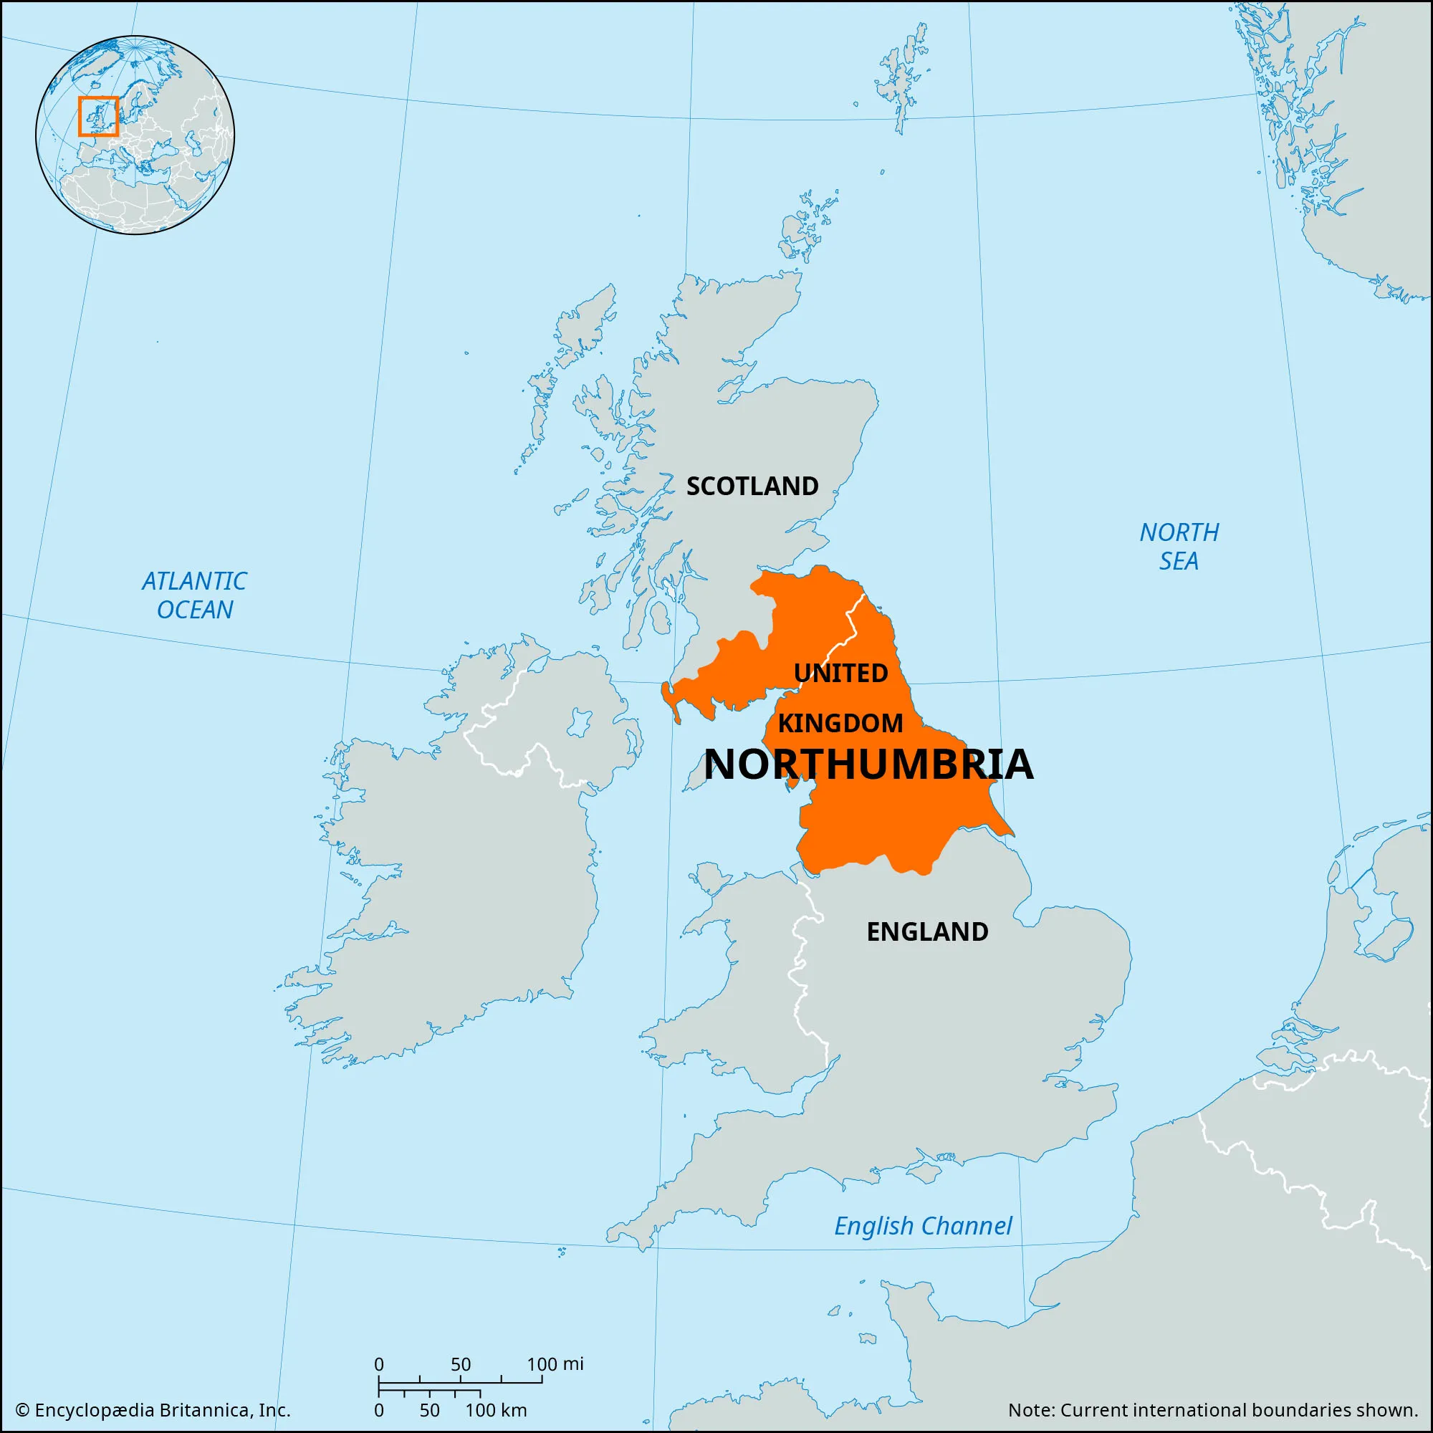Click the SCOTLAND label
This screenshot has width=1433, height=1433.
pos(752,487)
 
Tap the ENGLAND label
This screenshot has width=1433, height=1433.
pos(927,931)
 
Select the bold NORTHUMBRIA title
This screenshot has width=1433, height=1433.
pos(868,765)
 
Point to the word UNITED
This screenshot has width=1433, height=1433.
pos(840,674)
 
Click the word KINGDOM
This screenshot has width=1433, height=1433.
pos(840,723)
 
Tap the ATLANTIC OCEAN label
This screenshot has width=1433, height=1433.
pos(194,595)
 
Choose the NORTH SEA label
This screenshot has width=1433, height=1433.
pos(1179,546)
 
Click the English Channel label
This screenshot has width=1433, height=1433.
pos(923,1226)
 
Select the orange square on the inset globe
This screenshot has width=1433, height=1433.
pos(98,117)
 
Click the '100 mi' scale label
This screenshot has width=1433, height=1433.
pos(555,1363)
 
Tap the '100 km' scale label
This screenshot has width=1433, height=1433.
pos(496,1409)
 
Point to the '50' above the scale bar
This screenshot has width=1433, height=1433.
pos(461,1364)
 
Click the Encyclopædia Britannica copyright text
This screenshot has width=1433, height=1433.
pos(153,1409)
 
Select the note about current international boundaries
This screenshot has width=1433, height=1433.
pos(1213,1409)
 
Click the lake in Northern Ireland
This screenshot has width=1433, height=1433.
pos(578,721)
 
